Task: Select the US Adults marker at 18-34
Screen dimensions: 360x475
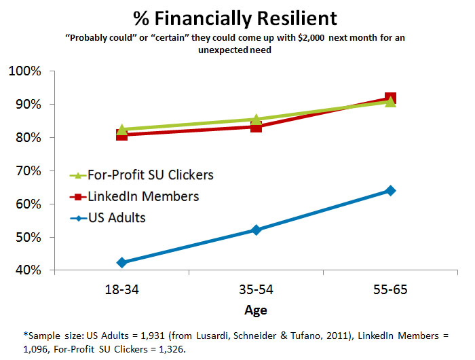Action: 122,262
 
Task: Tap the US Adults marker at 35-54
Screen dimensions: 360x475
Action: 256,230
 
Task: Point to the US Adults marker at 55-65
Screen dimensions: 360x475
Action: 390,190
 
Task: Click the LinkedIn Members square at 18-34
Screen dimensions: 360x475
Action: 122,134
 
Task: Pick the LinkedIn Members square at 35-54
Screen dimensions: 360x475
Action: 256,126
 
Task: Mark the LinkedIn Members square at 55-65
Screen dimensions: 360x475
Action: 390,98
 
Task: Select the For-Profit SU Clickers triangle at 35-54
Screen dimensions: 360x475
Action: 256,120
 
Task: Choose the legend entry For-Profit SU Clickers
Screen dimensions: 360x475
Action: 151,175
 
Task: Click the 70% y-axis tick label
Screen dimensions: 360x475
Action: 28,171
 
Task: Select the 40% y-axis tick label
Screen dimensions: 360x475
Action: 28,271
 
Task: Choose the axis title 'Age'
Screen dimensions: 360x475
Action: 256,310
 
